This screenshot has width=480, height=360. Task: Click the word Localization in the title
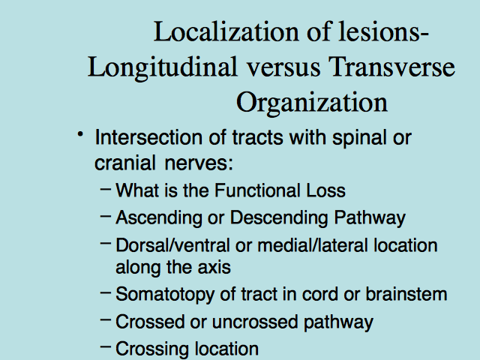pos(226,31)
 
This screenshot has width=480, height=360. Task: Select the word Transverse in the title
pos(391,67)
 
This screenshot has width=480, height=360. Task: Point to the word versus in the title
pos(283,68)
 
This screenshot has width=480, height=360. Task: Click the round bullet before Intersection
pos(80,134)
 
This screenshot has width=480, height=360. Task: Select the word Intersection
pos(148,137)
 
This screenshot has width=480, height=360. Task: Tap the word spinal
pos(359,139)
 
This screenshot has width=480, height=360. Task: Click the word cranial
pos(125,163)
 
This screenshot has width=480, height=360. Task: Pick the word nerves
pos(199,163)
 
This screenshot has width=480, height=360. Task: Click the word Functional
pos(257,190)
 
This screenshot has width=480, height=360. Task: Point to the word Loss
pos(326,190)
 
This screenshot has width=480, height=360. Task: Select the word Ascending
pos(159,219)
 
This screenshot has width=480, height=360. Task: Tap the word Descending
pos(279,219)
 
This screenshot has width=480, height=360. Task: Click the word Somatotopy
pos(165,295)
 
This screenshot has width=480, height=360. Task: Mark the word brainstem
pos(406,294)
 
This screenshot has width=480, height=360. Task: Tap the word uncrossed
pos(255,322)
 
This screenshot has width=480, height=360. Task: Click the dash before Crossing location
pos(106,346)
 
